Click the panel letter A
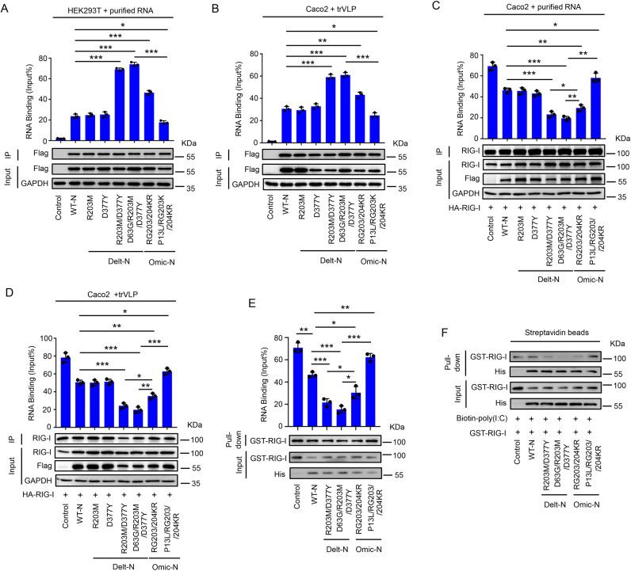click(x=6, y=7)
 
